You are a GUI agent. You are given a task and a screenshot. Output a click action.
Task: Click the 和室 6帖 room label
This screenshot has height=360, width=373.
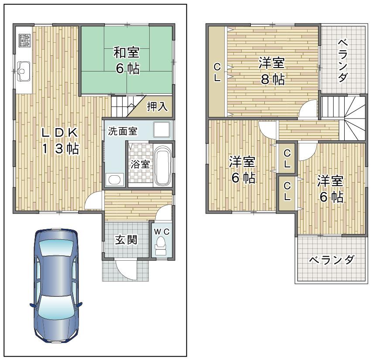coord(127,61)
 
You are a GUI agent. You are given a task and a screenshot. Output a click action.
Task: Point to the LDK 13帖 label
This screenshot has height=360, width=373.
coord(60,140)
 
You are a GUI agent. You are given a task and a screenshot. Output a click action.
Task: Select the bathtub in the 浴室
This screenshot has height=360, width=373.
coord(163,166)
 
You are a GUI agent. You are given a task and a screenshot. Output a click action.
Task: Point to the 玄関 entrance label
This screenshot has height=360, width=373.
coord(127,240)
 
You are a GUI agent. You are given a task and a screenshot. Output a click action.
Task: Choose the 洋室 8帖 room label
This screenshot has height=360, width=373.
coord(271,71)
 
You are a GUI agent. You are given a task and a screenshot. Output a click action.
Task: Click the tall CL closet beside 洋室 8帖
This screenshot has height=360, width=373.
coord(217,72)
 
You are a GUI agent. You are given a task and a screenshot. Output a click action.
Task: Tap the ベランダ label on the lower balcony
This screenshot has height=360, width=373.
coord(331,260)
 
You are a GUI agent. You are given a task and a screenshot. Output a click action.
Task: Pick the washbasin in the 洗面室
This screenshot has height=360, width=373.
coord(115,179)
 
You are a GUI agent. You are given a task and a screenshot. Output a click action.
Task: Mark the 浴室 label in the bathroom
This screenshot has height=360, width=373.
coord(140,164)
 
